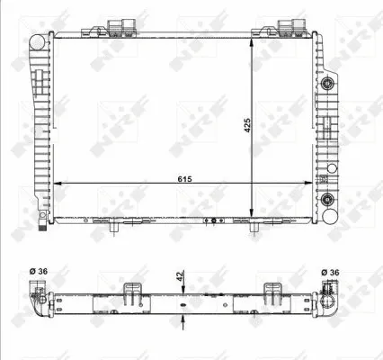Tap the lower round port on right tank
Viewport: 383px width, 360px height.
point(329,200)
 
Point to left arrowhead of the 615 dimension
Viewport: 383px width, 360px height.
point(58,183)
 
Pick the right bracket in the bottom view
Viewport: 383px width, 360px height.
point(272,295)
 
